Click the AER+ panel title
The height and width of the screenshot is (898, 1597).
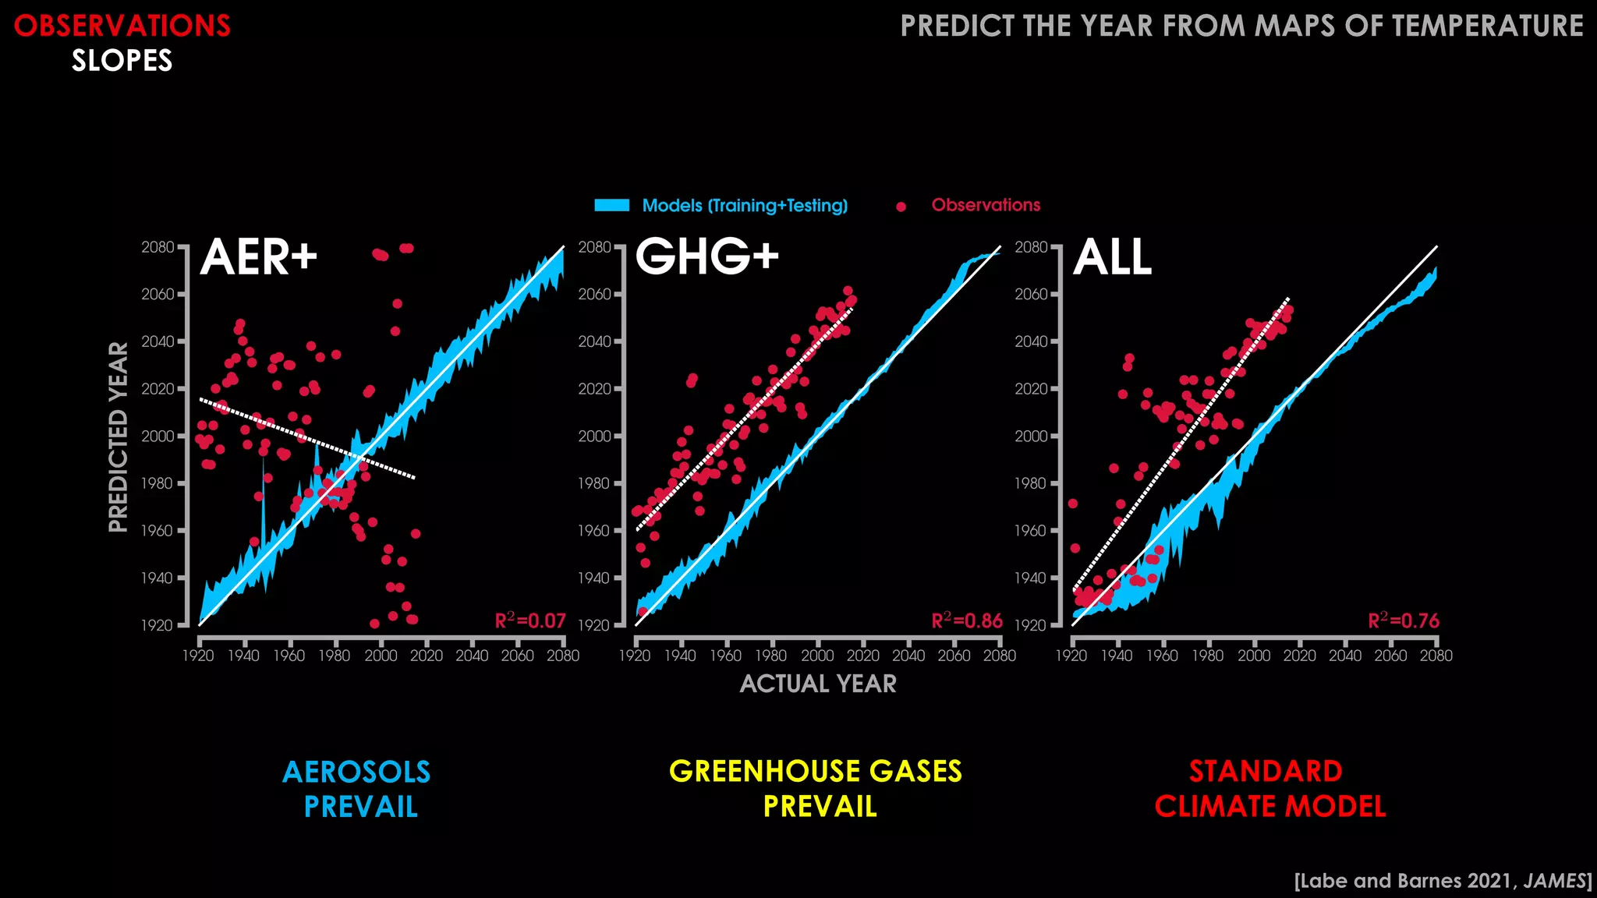(258, 257)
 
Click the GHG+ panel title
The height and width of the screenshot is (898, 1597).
(706, 257)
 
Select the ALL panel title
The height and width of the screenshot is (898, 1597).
(1112, 257)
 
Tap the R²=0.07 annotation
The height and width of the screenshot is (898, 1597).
(530, 621)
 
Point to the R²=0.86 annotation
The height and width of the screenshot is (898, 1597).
(967, 621)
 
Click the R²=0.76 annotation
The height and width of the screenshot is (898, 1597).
(1404, 621)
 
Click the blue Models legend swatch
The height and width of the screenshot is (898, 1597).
(612, 206)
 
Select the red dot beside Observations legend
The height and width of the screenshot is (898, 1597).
(901, 207)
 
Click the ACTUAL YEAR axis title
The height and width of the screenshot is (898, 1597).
(818, 684)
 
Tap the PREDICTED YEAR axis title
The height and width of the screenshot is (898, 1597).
(118, 437)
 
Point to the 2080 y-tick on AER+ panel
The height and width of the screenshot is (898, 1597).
(158, 247)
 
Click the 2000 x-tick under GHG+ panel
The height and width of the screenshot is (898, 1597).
(817, 656)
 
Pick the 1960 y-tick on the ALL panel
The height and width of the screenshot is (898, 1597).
(1031, 531)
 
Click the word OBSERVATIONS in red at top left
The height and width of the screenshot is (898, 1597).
(122, 26)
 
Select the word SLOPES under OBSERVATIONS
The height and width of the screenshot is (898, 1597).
(122, 61)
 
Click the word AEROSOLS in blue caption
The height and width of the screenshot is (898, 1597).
(356, 772)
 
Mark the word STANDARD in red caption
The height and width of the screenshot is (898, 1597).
(1266, 771)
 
